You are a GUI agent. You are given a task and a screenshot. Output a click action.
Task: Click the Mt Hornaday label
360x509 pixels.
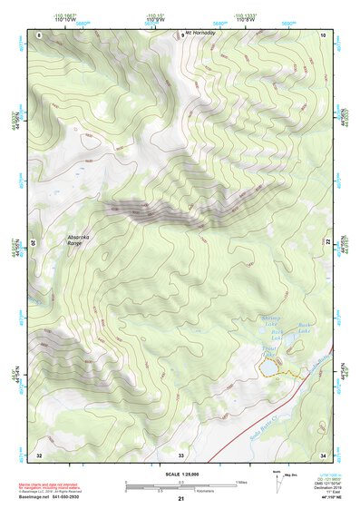pyautogui.click(x=201, y=34)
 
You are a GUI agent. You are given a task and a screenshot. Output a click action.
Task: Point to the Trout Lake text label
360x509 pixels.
pyautogui.click(x=268, y=351)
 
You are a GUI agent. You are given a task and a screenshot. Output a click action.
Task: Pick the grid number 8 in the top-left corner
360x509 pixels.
pyautogui.click(x=40, y=34)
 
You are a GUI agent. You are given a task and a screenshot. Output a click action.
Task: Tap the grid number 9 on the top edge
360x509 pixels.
pyautogui.click(x=180, y=34)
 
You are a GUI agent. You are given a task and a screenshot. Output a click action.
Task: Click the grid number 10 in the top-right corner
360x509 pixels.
pyautogui.click(x=323, y=34)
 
